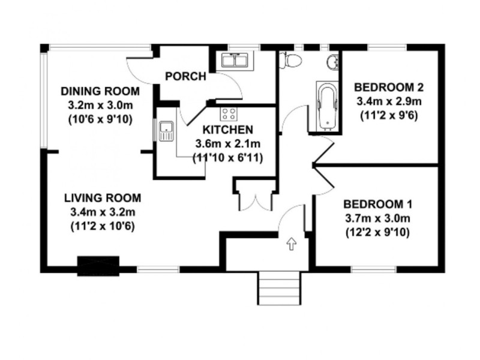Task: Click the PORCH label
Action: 185,77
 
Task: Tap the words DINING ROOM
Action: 100,92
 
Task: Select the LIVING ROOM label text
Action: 103,198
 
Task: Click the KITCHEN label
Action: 227,130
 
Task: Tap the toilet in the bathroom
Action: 293,60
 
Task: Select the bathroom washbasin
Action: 333,62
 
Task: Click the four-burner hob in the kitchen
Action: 229,113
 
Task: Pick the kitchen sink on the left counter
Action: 166,130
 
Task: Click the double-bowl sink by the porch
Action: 235,60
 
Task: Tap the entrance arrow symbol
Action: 292,244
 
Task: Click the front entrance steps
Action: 278,287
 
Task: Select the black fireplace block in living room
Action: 98,266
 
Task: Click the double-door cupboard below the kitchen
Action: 255,195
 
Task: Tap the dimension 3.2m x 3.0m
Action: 100,106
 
